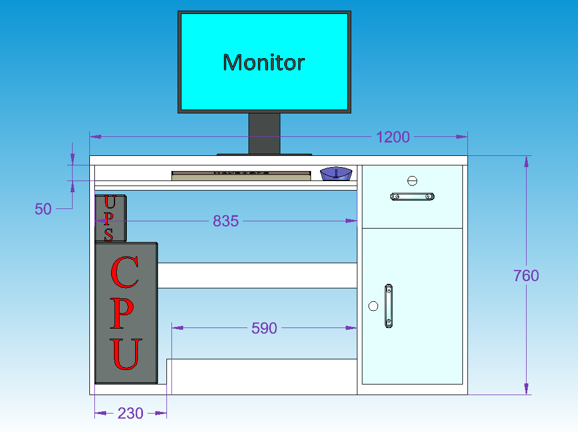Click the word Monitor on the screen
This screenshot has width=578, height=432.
264,62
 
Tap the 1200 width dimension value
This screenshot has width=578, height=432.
393,137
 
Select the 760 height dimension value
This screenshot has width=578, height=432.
526,276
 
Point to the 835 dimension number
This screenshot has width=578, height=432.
226,221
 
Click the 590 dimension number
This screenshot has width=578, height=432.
264,328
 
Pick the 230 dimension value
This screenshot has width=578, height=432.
130,414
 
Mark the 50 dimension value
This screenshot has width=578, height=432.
43,209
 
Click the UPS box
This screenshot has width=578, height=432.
110,218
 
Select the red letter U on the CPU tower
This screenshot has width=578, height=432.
126,354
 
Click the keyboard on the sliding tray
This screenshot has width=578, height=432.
241,175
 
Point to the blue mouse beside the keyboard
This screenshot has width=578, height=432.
336,174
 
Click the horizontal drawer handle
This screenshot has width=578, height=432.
412,196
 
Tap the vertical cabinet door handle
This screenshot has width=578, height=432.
388,306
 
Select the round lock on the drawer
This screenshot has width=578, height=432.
413,180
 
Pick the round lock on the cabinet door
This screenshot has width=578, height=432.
373,306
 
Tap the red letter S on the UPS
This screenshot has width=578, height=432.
108,235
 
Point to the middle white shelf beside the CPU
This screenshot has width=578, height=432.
257,276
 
